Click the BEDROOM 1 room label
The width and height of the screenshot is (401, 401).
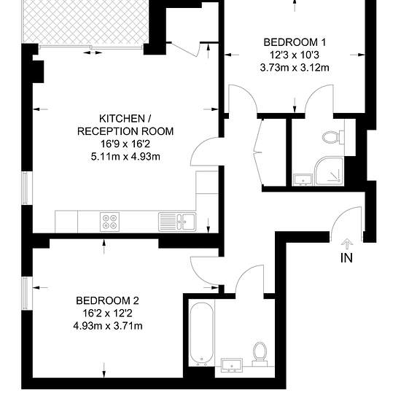(x=295, y=42)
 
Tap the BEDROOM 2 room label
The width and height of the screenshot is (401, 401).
(x=107, y=300)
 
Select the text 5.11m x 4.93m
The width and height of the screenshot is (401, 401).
(x=125, y=156)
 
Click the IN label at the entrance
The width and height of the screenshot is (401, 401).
(x=346, y=258)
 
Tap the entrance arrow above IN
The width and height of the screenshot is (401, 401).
(x=347, y=244)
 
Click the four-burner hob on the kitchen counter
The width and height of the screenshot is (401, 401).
(x=109, y=222)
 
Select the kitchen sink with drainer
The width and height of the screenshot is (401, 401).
(x=177, y=222)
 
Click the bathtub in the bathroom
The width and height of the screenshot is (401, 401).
(x=202, y=334)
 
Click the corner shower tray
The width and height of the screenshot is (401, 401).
(x=330, y=171)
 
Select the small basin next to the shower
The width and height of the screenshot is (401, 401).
(x=303, y=179)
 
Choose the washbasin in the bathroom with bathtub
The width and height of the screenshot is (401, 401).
(x=232, y=365)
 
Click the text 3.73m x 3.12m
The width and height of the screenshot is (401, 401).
(x=295, y=68)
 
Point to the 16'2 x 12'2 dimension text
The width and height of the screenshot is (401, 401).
(x=107, y=314)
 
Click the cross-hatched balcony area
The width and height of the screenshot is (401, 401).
(x=86, y=22)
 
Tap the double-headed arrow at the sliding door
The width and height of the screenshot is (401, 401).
(x=93, y=52)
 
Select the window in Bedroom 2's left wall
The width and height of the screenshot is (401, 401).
(x=25, y=293)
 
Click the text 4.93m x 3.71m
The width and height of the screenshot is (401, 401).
(x=108, y=326)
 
